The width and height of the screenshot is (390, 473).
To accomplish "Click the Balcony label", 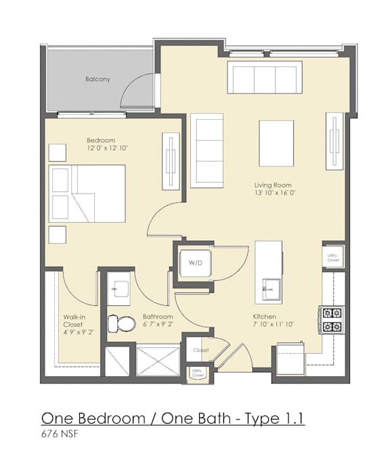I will tap(97, 79).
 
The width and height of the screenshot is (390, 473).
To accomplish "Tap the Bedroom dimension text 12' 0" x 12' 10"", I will tap(107, 148).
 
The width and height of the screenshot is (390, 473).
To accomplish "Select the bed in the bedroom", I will tap(88, 193).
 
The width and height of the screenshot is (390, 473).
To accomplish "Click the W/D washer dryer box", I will tap(196, 262).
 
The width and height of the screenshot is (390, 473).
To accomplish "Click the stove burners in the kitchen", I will tap(332, 319).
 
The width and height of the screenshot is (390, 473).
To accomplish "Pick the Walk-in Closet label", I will tap(68, 324).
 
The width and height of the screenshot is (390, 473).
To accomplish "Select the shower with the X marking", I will tap(158, 360).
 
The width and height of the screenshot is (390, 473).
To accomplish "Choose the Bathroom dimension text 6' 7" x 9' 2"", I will tap(158, 324).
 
